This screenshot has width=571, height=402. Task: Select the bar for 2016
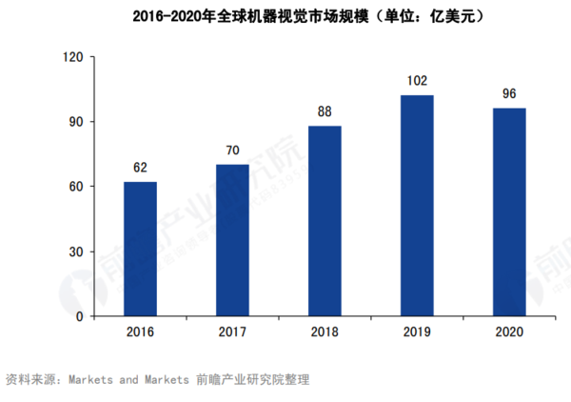140,249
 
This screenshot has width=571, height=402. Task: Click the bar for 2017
232,240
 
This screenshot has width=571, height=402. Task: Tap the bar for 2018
325,221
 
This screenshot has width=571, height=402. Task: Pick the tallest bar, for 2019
417,206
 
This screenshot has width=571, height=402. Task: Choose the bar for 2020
509,212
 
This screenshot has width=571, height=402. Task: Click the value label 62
140,169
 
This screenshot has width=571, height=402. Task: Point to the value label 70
232,151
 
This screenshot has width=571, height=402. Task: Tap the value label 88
325,111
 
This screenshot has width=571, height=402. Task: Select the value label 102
417,81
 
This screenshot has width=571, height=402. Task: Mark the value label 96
509,94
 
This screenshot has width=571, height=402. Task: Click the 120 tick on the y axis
73,57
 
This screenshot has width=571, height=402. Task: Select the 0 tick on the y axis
81,316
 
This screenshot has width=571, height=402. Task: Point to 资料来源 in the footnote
30,379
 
